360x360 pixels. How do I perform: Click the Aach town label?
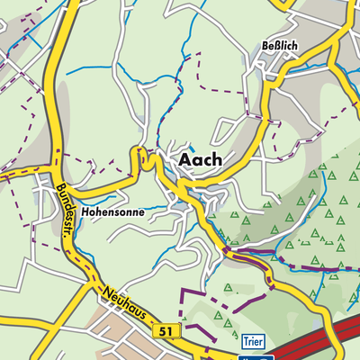tap(200, 159)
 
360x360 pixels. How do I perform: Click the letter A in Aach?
tap(184, 159)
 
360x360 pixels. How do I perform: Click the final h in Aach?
tap(216, 159)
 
